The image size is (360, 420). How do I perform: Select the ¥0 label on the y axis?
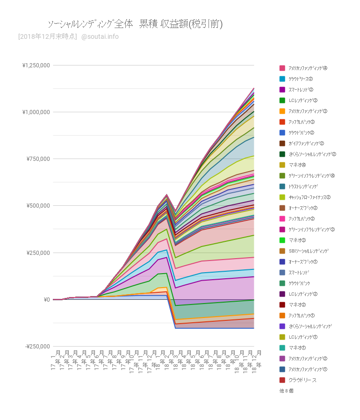(x=47, y=299)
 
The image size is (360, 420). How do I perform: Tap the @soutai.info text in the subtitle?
(x=100, y=36)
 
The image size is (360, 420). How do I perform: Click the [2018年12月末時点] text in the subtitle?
(x=47, y=36)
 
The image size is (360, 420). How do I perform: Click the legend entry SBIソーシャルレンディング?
(x=309, y=251)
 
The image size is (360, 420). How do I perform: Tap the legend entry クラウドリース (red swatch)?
(x=302, y=380)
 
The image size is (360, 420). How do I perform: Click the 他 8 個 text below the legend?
(x=287, y=391)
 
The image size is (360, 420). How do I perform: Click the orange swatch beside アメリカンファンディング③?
(x=282, y=111)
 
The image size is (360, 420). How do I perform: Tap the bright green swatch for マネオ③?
(x=282, y=240)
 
